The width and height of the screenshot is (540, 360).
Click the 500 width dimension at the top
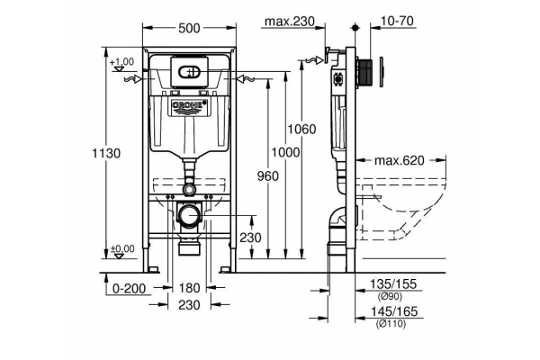tap(189, 28)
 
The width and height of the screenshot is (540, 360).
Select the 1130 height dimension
tap(106, 153)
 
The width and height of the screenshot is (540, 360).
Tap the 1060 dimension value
tap(301, 130)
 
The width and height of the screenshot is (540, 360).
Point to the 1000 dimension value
tap(285, 152)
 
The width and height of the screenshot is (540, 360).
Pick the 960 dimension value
tap(267, 176)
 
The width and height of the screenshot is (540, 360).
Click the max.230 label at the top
tap(290, 22)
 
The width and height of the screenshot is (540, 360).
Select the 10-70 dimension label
tap(397, 21)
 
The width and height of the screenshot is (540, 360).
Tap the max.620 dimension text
tap(400, 160)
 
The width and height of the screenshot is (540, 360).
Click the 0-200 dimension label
tap(130, 288)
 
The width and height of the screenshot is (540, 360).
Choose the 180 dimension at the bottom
tap(189, 288)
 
